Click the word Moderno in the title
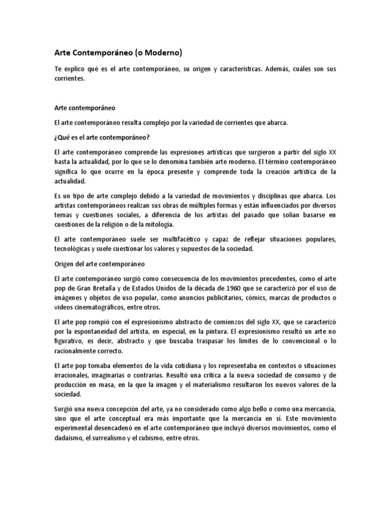pos(161,52)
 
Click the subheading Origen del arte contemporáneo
pos(100,264)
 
